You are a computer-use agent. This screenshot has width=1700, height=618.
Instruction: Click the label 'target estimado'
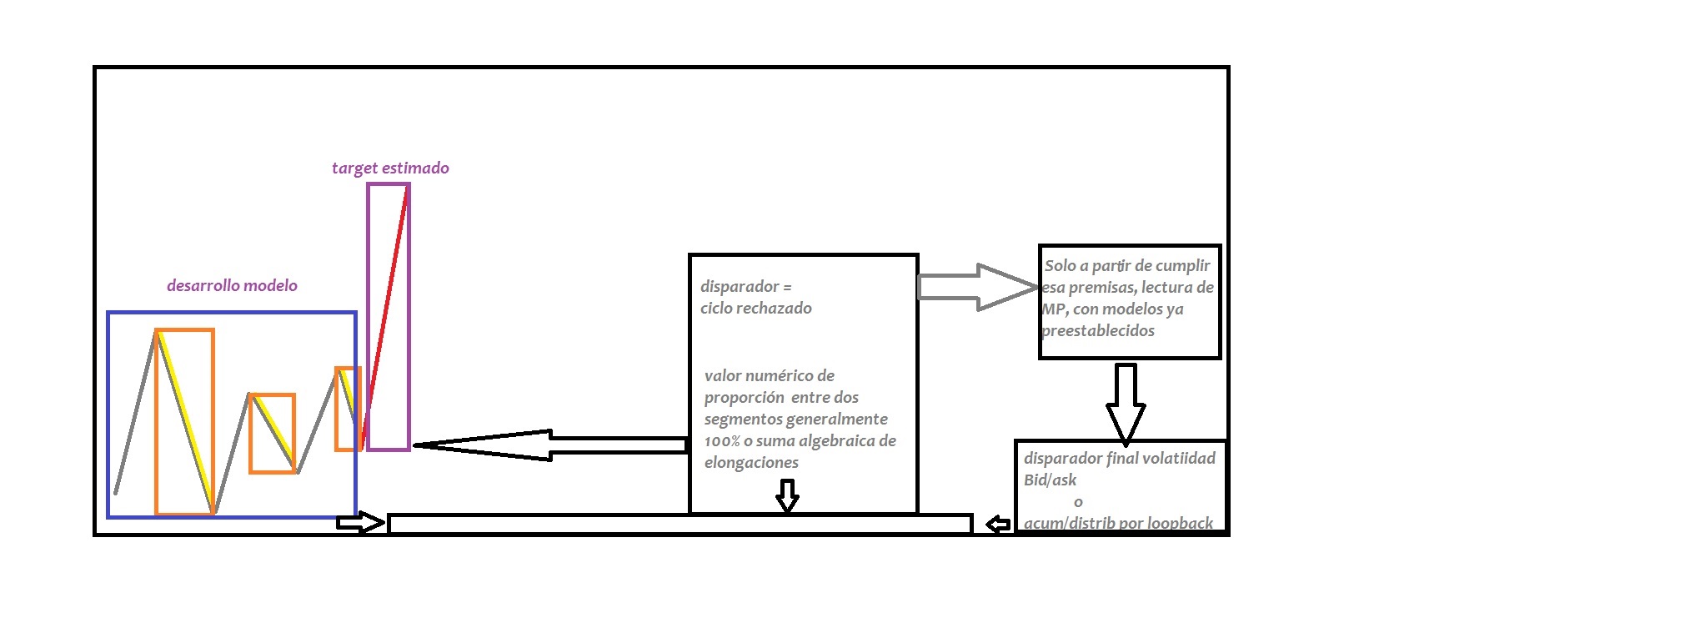pyautogui.click(x=390, y=168)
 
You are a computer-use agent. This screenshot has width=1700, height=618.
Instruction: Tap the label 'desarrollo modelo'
pyautogui.click(x=232, y=285)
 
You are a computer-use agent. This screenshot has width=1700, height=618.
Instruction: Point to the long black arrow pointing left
pyautogui.click(x=550, y=445)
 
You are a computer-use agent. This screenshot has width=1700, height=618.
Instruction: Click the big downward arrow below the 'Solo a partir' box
pyautogui.click(x=1126, y=404)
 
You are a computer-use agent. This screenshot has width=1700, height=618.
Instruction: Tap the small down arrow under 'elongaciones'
pyautogui.click(x=787, y=495)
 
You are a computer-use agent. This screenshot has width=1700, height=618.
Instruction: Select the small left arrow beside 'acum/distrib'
pyautogui.click(x=998, y=525)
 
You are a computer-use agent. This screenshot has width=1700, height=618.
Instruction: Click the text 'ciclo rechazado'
pyautogui.click(x=755, y=308)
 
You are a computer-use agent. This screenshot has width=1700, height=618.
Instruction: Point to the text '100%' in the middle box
pyautogui.click(x=722, y=440)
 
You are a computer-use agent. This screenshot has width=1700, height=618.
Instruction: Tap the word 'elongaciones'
pyautogui.click(x=751, y=462)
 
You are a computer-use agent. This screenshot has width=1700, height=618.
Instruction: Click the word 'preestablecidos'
pyautogui.click(x=1098, y=330)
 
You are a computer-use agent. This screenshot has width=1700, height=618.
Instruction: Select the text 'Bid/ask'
pyautogui.click(x=1050, y=480)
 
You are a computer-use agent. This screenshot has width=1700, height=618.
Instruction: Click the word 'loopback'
pyautogui.click(x=1180, y=523)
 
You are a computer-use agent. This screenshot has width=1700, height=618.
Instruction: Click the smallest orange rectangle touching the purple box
pyautogui.click(x=347, y=409)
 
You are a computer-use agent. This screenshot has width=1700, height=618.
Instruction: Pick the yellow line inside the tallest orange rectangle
pyautogui.click(x=187, y=422)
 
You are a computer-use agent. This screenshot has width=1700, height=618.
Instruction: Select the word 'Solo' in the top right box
pyautogui.click(x=1061, y=265)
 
